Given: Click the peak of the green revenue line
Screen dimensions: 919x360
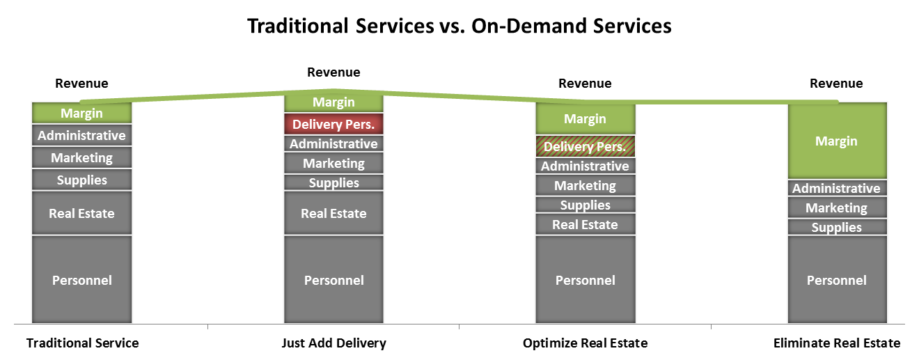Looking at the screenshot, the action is click(x=333, y=91).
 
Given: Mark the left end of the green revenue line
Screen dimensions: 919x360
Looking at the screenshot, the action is click(x=81, y=102).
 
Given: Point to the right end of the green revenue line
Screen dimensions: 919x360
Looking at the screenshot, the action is click(x=837, y=102).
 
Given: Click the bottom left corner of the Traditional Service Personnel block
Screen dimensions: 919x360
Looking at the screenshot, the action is click(x=33, y=322).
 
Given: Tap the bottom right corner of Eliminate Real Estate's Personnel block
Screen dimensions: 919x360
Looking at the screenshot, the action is click(x=886, y=322).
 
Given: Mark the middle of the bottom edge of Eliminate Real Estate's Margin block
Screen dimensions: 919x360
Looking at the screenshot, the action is click(x=838, y=178).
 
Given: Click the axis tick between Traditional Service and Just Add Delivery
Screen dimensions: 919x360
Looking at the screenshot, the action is click(x=208, y=327).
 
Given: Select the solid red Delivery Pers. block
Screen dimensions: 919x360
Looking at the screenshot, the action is click(x=333, y=124).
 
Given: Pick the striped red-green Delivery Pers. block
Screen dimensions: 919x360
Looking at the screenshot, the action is click(x=586, y=146).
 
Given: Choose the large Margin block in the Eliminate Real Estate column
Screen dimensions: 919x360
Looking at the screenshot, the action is click(x=838, y=141).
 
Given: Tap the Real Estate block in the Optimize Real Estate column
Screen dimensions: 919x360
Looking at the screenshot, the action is click(x=586, y=224).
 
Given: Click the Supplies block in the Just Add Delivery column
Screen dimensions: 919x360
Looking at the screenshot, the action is click(x=333, y=182).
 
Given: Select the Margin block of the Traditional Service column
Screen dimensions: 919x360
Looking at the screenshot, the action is click(x=81, y=113).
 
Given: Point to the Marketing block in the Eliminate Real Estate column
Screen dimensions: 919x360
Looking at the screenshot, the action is click(x=838, y=208).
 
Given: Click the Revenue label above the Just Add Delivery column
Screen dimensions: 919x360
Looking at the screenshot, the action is click(x=333, y=72).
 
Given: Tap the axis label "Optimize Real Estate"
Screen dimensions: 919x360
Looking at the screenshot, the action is click(x=585, y=343).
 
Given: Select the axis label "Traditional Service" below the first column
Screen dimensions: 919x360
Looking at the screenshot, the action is click(x=82, y=343).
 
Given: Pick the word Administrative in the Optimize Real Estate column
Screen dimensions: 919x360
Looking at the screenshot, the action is click(x=585, y=166).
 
